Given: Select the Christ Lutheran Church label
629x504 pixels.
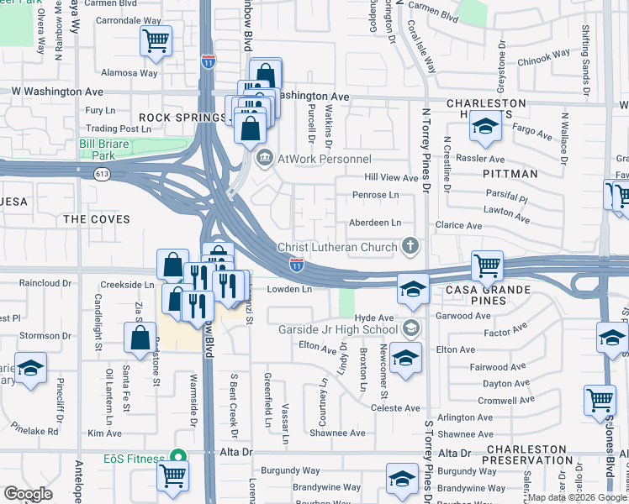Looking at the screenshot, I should [x=337, y=247].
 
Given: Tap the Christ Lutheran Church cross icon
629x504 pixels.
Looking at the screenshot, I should [x=410, y=246].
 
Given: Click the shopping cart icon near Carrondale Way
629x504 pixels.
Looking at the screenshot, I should [x=156, y=40].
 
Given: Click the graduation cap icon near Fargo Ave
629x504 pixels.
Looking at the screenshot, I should [x=485, y=126].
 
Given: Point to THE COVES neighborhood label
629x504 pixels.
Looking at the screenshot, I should [x=97, y=219].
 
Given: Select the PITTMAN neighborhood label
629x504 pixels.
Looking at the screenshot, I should [x=510, y=174].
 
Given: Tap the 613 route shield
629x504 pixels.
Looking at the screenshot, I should [x=103, y=174].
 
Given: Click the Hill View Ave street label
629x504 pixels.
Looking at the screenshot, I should [x=390, y=178].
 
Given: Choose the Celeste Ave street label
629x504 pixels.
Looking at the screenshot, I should [x=395, y=408].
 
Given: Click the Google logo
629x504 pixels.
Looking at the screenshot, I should [x=29, y=494].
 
